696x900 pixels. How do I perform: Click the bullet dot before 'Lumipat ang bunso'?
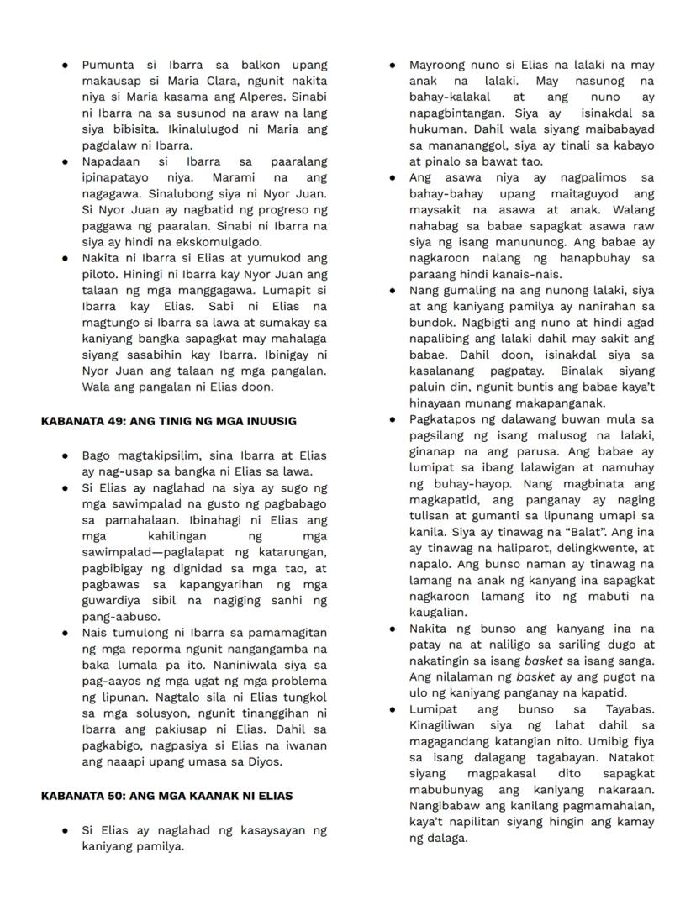pyautogui.click(x=393, y=708)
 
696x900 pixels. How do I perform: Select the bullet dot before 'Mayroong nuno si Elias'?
pyautogui.click(x=393, y=65)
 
